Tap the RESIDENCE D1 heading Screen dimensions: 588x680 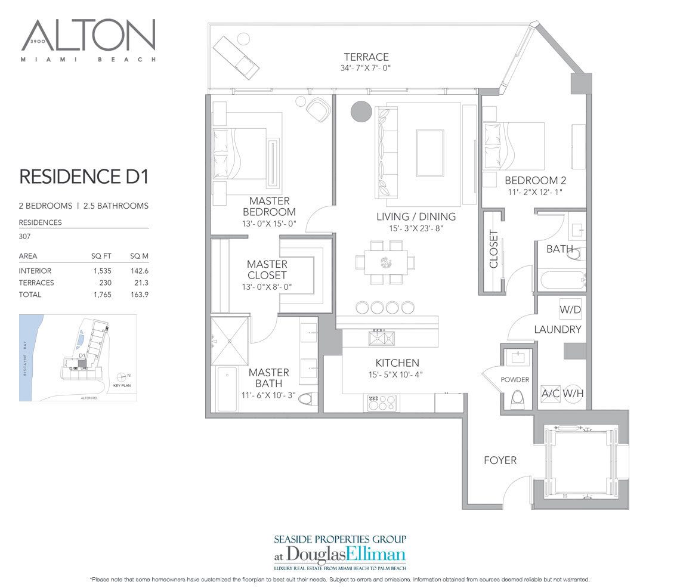point(84,177)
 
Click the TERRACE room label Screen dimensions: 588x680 point(366,57)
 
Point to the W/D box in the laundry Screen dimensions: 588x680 point(569,311)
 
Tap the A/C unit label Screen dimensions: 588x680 point(549,394)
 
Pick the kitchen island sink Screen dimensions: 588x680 point(382,338)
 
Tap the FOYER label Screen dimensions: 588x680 point(500,460)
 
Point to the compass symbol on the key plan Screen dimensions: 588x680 point(123,376)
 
